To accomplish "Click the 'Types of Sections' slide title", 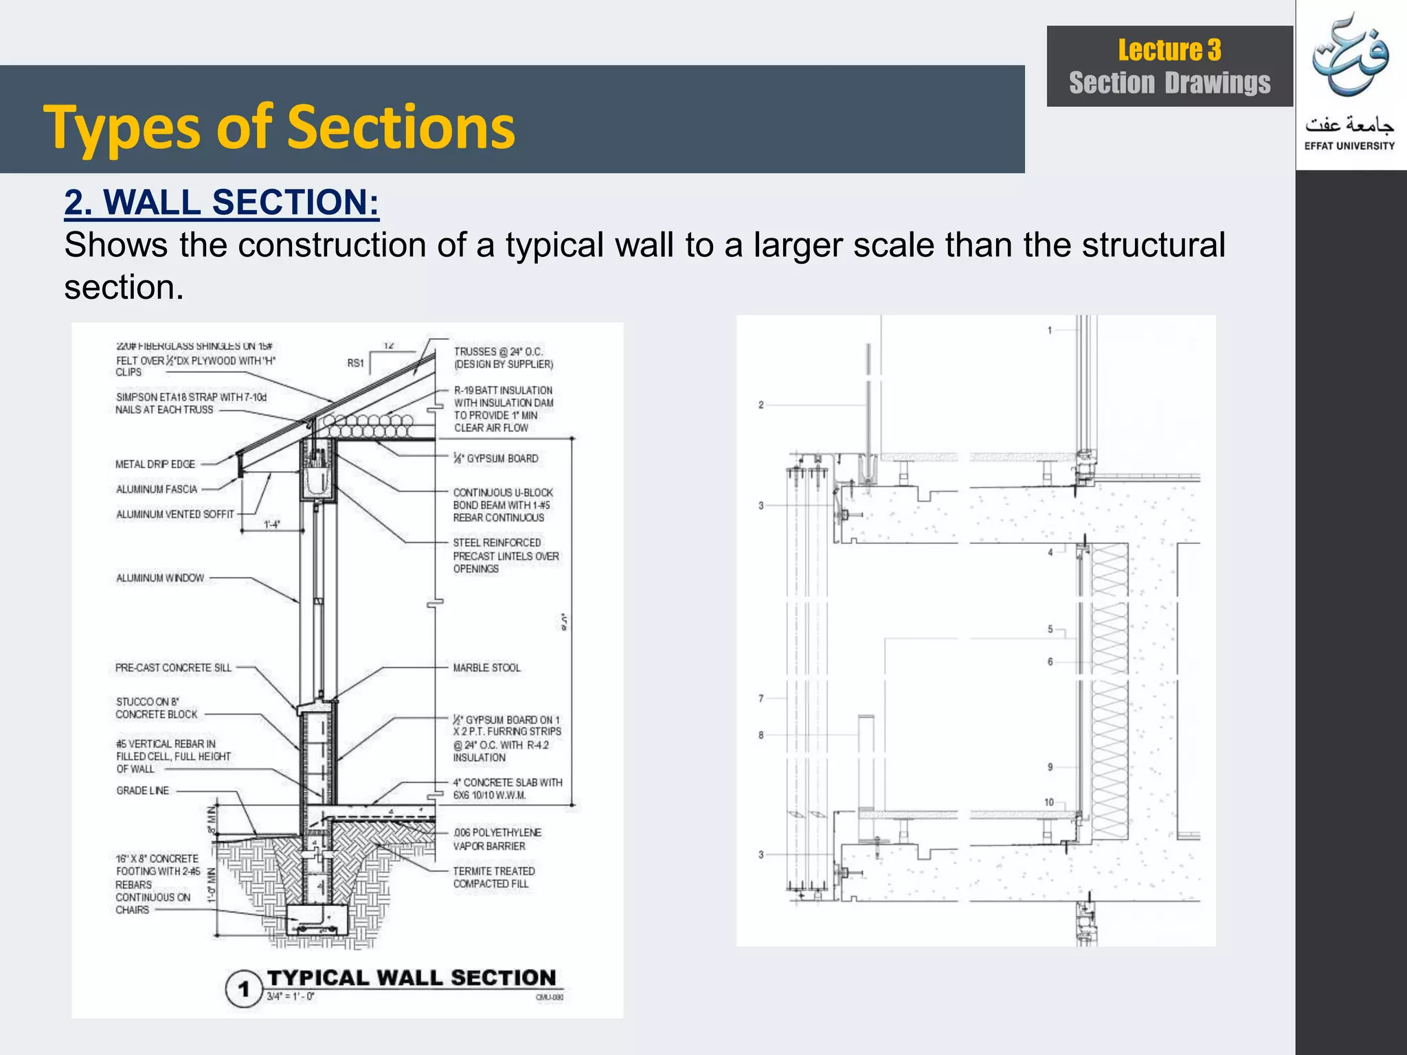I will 279,127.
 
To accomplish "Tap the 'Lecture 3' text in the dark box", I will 1169,50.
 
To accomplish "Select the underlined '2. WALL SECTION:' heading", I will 221,203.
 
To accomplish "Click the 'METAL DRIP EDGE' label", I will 155,464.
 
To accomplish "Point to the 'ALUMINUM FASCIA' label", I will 157,490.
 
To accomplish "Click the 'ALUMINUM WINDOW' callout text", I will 160,578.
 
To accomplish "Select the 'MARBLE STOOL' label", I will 486,668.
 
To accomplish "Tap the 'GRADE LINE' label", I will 143,791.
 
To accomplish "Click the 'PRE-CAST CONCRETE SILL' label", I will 173,668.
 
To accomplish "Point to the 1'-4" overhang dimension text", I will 272,525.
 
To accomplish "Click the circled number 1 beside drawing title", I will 243,989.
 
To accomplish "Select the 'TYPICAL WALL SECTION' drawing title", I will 411,977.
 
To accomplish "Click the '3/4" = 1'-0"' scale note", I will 290,997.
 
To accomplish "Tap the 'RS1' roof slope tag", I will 355,363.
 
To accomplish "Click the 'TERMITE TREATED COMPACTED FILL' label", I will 493,877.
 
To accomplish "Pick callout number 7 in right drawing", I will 761,699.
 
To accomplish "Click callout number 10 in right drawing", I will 1049,802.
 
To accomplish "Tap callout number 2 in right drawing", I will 761,405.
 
